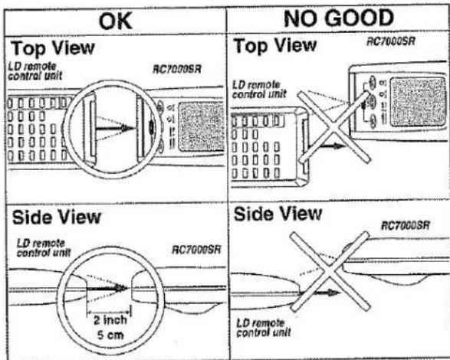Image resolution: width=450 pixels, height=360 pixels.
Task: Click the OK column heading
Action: click(115, 21)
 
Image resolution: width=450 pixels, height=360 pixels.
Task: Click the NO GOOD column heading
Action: click(339, 18)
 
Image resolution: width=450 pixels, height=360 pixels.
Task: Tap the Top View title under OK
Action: click(53, 48)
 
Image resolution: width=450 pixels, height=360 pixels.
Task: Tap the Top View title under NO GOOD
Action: click(275, 46)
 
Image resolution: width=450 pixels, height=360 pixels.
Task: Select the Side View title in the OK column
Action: click(57, 217)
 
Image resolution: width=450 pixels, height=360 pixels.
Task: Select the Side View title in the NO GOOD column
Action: click(278, 214)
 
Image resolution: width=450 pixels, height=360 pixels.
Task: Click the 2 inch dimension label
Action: click(110, 320)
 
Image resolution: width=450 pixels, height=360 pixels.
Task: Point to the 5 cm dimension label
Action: click(110, 335)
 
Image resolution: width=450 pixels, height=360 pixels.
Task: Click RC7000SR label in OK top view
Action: click(177, 70)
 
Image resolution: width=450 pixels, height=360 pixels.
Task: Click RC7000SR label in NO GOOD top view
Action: click(391, 41)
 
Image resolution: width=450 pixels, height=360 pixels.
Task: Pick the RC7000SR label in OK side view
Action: click(196, 250)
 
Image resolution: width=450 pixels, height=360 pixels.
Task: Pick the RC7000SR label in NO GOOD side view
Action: click(406, 225)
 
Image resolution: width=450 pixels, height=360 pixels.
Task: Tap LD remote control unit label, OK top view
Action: click(35, 71)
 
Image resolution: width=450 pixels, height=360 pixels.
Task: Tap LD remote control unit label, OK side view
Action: click(44, 248)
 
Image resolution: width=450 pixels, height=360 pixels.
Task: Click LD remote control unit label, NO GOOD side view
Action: click(263, 328)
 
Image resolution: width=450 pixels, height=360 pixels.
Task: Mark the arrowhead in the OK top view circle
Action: click(126, 128)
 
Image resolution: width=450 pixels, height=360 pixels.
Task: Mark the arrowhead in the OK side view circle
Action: click(120, 288)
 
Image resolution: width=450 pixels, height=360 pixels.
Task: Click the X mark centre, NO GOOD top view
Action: click(333, 127)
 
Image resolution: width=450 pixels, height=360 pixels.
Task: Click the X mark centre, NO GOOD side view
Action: click(330, 271)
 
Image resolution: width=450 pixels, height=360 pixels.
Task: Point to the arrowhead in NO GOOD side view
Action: click(333, 293)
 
